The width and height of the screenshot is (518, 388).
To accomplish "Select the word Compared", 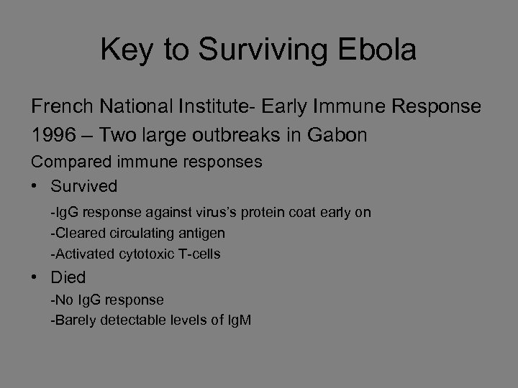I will (x=69, y=162).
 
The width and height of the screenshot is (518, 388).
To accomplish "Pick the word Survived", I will (x=83, y=187).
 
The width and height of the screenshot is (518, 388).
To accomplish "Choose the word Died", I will (x=68, y=277).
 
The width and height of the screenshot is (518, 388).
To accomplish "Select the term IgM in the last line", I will (x=239, y=320).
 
